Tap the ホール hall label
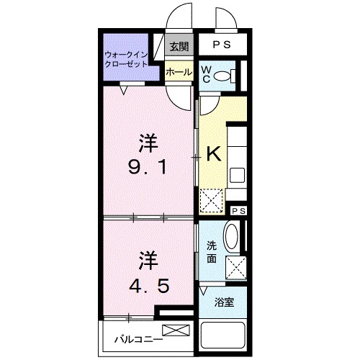pos(179,72)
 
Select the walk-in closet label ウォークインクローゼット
pos(126,58)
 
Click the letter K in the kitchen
pos(213,153)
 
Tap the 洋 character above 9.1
pos(148,143)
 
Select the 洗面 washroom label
pos(212,250)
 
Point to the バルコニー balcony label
pos(135,337)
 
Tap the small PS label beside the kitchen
pos(239,210)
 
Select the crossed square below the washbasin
pos(236,266)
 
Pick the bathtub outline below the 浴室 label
pos(224,336)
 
